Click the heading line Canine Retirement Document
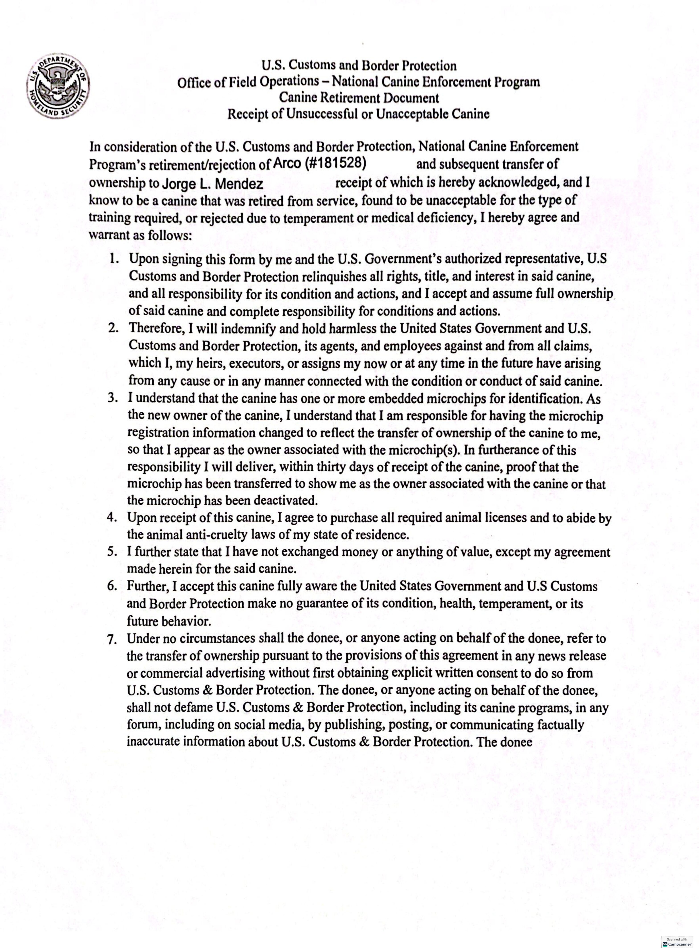click(x=359, y=98)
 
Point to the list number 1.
click(x=113, y=258)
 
